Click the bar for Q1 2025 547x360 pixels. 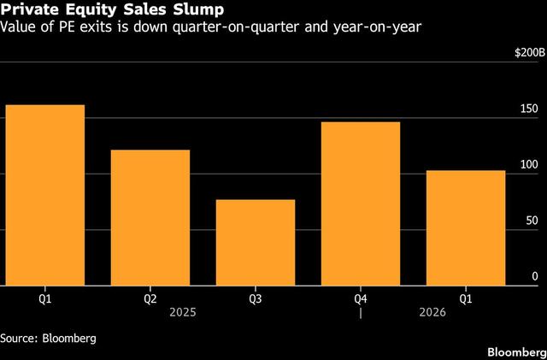pyautogui.click(x=45, y=196)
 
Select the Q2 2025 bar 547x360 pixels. pyautogui.click(x=150, y=218)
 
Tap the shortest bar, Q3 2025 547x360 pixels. pyautogui.click(x=256, y=243)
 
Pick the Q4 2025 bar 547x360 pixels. pyautogui.click(x=361, y=204)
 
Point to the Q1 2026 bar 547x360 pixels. pyautogui.click(x=466, y=228)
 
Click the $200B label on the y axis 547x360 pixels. pyautogui.click(x=526, y=53)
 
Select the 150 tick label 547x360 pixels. pyautogui.click(x=530, y=109)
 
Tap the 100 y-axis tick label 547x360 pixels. pyautogui.click(x=530, y=164)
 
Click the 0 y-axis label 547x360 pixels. pyautogui.click(x=535, y=276)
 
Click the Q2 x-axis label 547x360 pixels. pyautogui.click(x=150, y=299)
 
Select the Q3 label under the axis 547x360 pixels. pyautogui.click(x=256, y=299)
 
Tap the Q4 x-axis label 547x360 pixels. pyautogui.click(x=361, y=299)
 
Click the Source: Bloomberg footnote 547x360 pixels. pyautogui.click(x=48, y=338)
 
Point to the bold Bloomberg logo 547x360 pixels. pyautogui.click(x=516, y=352)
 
